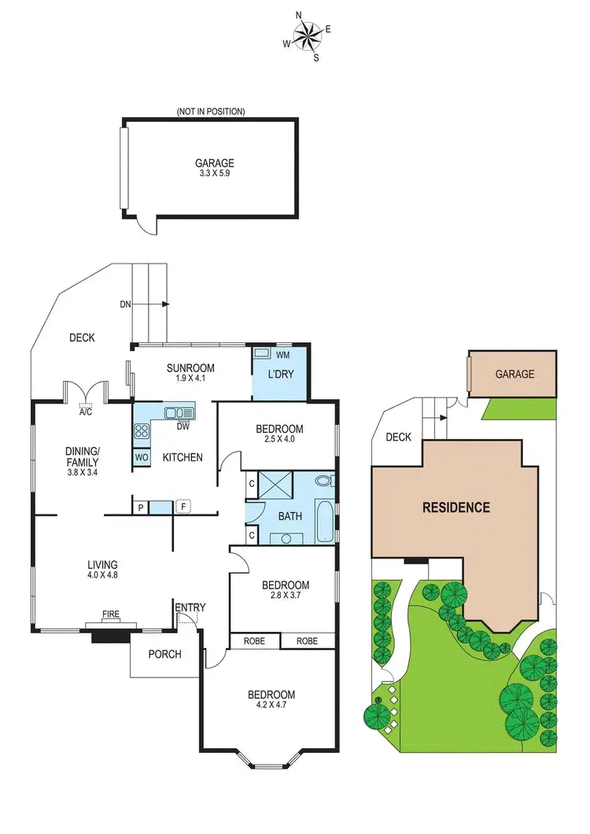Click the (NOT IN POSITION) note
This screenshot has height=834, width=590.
[x=211, y=112]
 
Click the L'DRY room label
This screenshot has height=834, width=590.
[x=280, y=374]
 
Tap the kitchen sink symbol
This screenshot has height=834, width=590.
[x=179, y=411]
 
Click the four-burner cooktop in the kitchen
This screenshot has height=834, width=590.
[x=142, y=430]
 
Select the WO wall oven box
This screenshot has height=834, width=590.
[x=142, y=457]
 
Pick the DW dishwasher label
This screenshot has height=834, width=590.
[x=183, y=427]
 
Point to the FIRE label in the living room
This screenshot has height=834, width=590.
[x=110, y=613]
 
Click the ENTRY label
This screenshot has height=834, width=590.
[x=190, y=607]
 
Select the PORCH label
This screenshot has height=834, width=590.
[x=164, y=654]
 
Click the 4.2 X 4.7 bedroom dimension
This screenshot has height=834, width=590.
[x=271, y=707]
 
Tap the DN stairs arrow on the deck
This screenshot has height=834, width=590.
[x=146, y=304]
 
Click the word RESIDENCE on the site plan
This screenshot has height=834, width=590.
[x=456, y=507]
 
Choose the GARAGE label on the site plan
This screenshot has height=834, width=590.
[x=514, y=375]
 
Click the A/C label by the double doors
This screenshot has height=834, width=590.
[x=85, y=411]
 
